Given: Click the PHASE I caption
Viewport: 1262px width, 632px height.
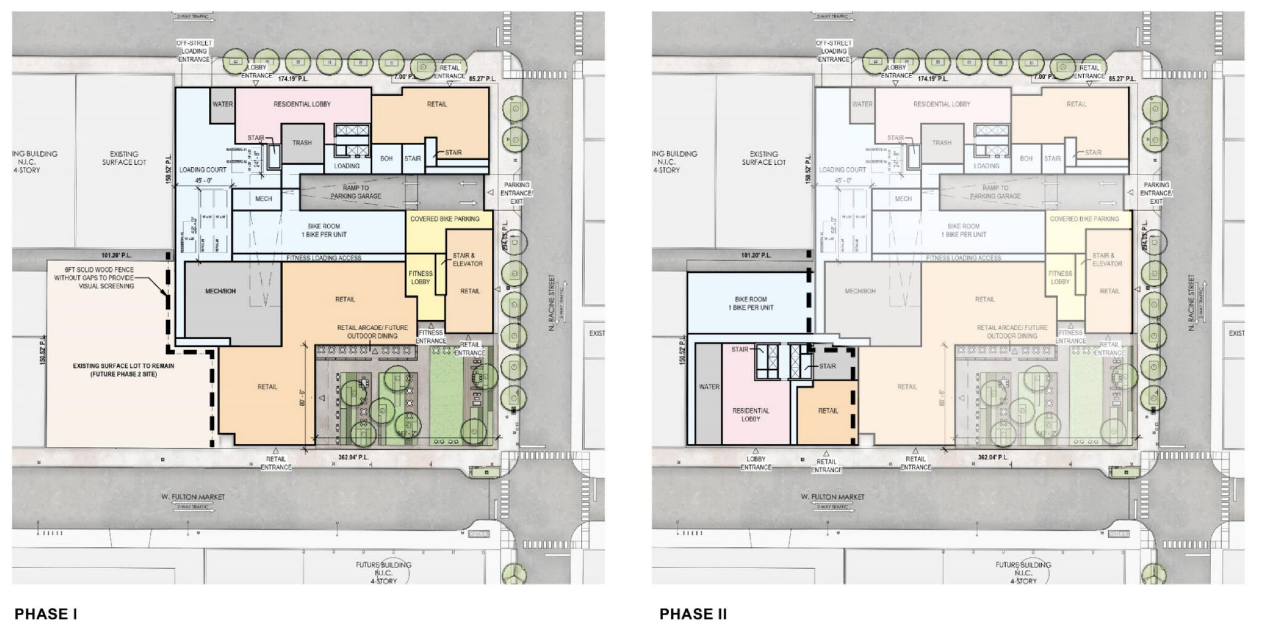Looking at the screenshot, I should tap(46, 614).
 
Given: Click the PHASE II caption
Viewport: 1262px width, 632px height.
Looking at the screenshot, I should tap(693, 614).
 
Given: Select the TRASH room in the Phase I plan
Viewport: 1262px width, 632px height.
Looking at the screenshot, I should tap(302, 143).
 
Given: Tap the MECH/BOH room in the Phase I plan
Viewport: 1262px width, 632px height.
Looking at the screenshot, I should tap(221, 291).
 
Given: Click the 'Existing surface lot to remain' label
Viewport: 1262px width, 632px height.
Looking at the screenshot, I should tap(123, 370).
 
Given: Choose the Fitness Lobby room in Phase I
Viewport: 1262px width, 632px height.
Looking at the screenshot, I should tap(421, 277).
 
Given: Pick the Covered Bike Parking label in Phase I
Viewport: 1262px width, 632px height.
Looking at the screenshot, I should tap(444, 219).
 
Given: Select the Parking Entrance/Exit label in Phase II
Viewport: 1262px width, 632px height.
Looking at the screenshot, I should tap(1156, 193).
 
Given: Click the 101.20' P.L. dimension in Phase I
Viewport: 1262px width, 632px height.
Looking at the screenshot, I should tap(117, 255).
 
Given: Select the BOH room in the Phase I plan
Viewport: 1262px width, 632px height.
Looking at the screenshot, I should tap(386, 158).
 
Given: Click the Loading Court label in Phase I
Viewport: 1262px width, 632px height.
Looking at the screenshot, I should tap(203, 170).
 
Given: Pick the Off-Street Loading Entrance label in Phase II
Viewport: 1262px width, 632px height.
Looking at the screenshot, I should tap(834, 51).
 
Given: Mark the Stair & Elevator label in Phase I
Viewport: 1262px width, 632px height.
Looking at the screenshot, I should tap(468, 260).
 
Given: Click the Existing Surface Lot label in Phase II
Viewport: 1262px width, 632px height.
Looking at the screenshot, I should tap(763, 158).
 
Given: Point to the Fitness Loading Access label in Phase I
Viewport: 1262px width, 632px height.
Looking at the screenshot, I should tap(324, 258).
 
